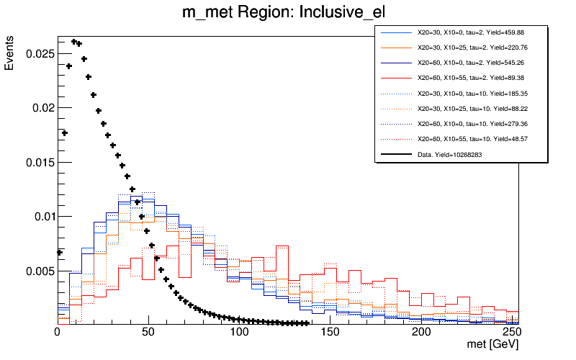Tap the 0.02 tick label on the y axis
[x=40, y=108]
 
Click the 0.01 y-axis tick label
[x=40, y=217]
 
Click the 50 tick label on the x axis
[x=148, y=333]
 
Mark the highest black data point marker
[x=74, y=42]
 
